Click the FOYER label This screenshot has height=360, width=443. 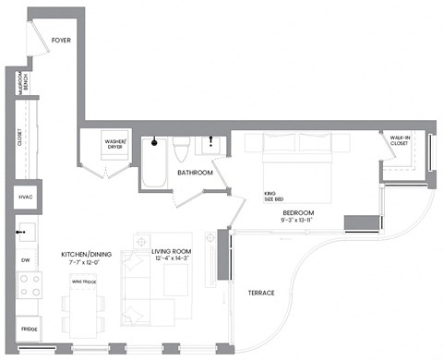click(x=62, y=41)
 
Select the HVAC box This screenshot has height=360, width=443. click(x=24, y=198)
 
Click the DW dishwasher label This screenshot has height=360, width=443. click(x=25, y=260)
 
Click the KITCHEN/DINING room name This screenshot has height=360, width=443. click(x=87, y=254)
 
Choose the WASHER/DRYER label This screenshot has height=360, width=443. click(x=116, y=144)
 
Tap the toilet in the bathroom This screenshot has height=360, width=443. click(x=182, y=149)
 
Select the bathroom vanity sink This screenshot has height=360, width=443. click(x=212, y=145)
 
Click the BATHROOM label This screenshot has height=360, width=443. click(x=196, y=173)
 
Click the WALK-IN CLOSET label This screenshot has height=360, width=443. click(x=400, y=140)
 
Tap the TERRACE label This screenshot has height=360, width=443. click(x=261, y=293)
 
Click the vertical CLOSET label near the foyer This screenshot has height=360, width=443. click(x=19, y=137)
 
